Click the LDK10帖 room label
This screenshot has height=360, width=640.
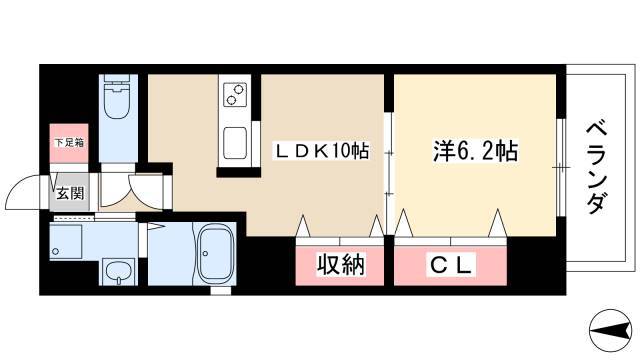coord(322,152)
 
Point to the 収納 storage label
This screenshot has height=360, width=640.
coord(339,266)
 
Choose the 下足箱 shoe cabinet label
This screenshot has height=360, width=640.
coord(68,143)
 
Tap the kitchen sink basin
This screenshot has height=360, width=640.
coord(237,138)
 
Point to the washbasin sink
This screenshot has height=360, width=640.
coord(116,271)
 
